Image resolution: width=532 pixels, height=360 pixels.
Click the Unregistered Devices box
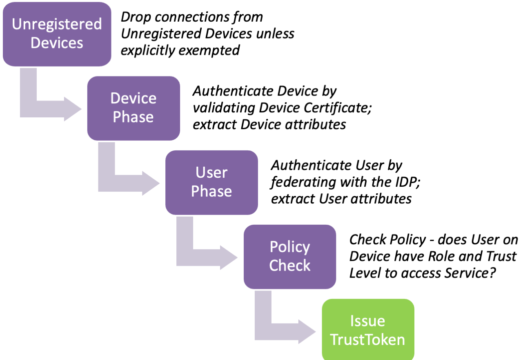(57, 34)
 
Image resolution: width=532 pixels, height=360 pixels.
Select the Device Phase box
(134, 108)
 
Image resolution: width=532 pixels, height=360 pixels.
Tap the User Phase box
(211, 182)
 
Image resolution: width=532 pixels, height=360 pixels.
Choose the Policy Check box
(290, 257)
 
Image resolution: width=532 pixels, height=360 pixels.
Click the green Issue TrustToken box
(368, 330)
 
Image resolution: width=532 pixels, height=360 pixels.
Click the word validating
(224, 108)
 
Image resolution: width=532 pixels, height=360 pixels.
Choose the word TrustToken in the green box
(368, 339)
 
